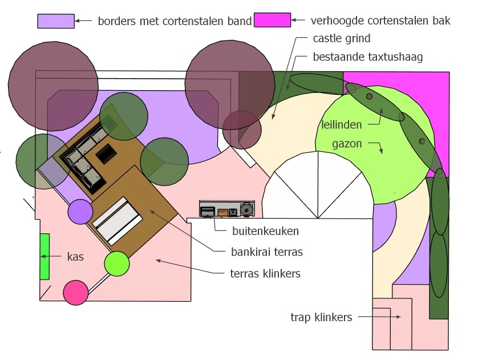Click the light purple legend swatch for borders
(x=56, y=21)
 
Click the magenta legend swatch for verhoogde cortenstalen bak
(x=272, y=20)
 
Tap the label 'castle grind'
(x=342, y=39)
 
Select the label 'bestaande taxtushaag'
(x=368, y=57)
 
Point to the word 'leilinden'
(x=342, y=125)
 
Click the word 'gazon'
(x=347, y=144)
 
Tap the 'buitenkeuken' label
(x=265, y=231)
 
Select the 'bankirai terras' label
(x=267, y=252)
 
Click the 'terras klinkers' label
(x=265, y=273)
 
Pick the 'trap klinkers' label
(x=321, y=317)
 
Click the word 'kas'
(x=75, y=257)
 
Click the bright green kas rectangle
(x=45, y=257)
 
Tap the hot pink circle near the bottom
(x=76, y=293)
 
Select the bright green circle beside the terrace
(x=117, y=264)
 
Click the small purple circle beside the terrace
(x=80, y=212)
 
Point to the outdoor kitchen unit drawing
(x=227, y=209)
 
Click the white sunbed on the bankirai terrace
(x=118, y=221)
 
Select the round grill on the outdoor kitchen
(x=246, y=209)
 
